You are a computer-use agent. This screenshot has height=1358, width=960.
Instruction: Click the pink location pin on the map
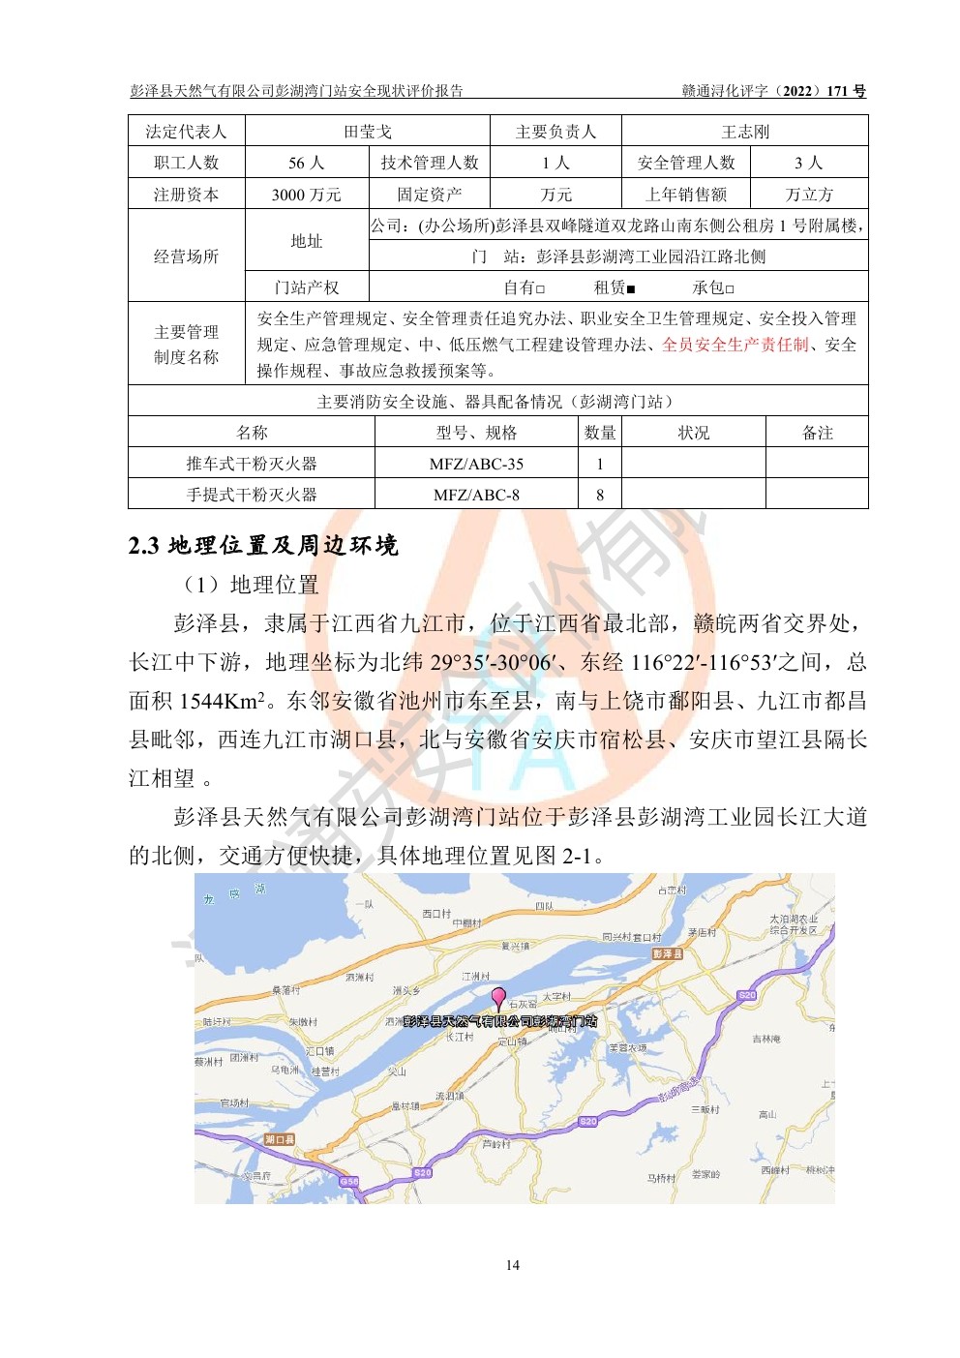[498, 997]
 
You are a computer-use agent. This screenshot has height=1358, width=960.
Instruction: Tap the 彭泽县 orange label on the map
[668, 953]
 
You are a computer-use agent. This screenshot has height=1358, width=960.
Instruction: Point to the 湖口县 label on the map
[280, 1139]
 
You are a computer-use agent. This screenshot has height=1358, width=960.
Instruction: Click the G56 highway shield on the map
[349, 1181]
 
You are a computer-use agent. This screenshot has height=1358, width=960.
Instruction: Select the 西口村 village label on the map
[436, 913]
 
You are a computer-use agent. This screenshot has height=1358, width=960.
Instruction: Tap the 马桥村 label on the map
[661, 1178]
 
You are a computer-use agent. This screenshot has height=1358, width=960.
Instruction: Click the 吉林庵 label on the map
[766, 1039]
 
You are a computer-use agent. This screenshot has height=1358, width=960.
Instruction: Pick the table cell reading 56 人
[306, 163]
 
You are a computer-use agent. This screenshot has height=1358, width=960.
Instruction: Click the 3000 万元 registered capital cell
[306, 195]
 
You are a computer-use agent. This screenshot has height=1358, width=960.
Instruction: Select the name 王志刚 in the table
[744, 132]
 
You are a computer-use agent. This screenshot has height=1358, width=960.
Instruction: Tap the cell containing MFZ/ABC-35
[476, 464]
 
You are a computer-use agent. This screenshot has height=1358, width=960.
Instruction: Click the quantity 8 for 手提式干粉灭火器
[600, 495]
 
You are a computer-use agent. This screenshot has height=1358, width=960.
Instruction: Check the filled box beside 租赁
[631, 288]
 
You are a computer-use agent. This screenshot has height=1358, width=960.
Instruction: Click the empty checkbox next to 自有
[541, 288]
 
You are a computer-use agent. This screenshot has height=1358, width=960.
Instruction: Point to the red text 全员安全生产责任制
[735, 345]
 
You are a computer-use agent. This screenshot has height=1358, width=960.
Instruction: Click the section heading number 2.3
[143, 546]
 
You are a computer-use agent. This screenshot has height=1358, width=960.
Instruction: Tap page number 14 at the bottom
[512, 1264]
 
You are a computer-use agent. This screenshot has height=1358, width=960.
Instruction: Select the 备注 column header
[817, 433]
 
